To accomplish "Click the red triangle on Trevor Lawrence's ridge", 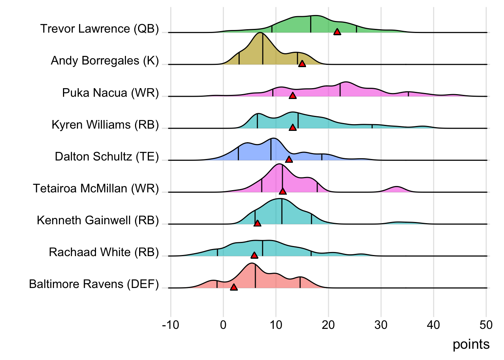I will coord(337,32).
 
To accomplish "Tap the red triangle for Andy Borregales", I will coord(302,64).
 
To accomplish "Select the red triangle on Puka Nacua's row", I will coord(293,96).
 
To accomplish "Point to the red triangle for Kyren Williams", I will coord(293,128).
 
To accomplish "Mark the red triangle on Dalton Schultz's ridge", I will coord(289,160).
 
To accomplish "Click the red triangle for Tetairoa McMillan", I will coord(283,192).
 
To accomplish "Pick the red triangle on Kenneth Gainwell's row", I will coord(257,223).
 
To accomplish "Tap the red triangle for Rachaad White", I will coord(254,255).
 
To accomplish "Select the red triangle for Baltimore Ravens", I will coord(234,287).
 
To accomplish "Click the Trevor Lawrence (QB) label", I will coord(100,29).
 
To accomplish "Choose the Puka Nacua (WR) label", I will coord(111,93).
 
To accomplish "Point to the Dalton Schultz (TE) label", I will coord(107,156).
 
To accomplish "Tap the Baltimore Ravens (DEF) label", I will coord(94,284).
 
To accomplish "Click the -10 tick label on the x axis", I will coord(171,325).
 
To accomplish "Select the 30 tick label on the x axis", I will coord(381,325).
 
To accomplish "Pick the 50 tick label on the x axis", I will coord(486,325).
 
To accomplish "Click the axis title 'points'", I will coord(471,344).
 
